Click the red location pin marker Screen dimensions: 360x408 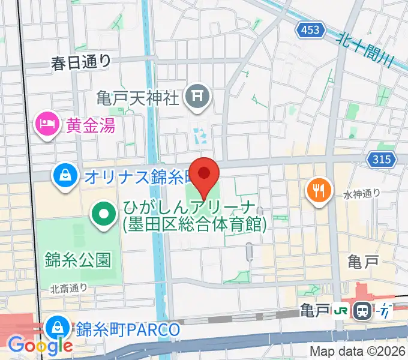205,174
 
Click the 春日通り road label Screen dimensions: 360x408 81,60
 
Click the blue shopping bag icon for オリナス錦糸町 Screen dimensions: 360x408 63,176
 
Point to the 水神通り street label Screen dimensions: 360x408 362,193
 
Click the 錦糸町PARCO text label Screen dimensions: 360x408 128,329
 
